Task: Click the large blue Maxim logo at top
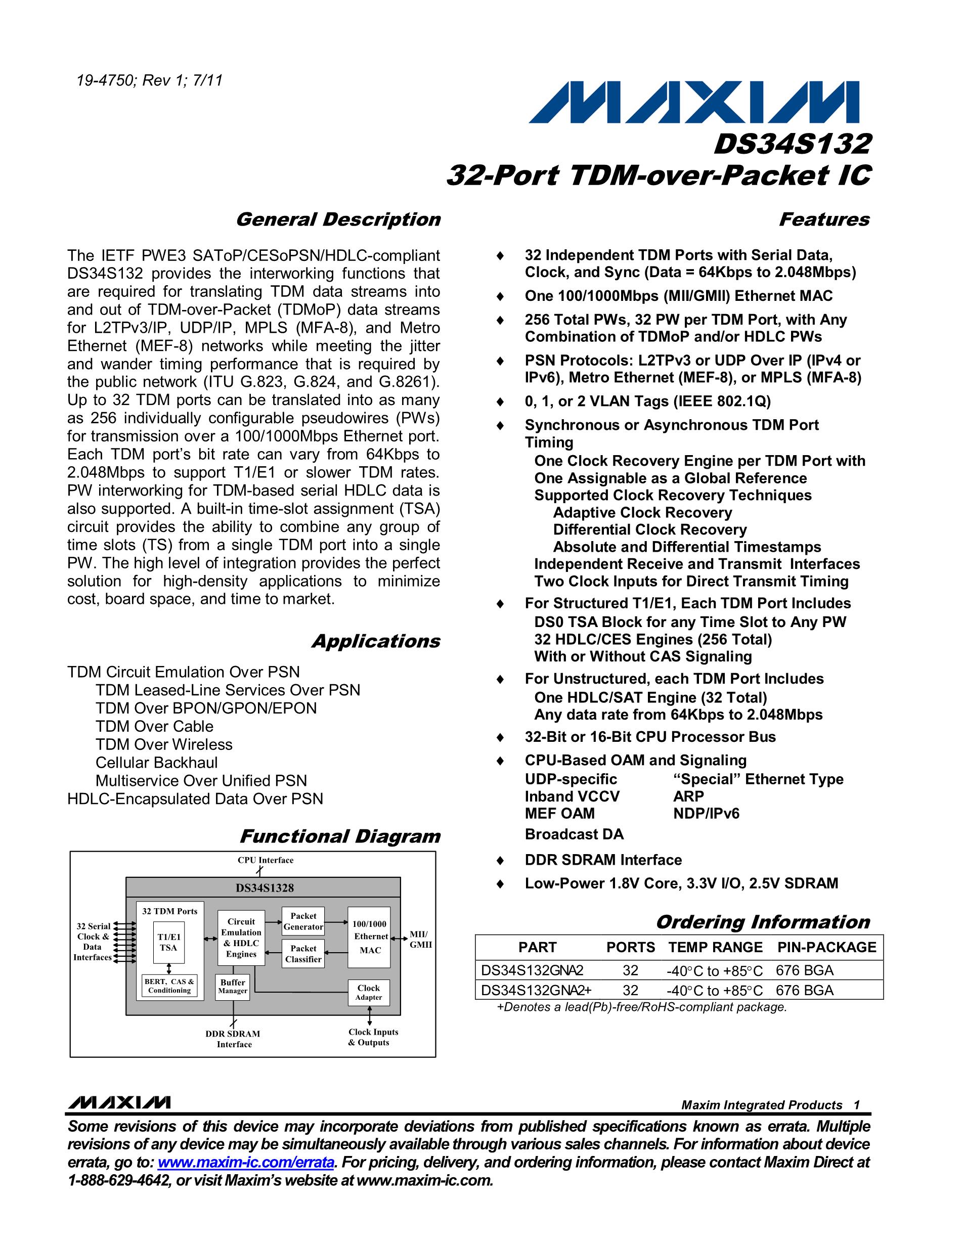click(x=692, y=103)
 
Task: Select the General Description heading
click(x=338, y=219)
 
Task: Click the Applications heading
click(x=375, y=641)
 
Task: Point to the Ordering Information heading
click(x=762, y=922)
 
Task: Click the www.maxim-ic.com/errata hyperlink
click(x=245, y=1162)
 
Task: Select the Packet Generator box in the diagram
click(x=303, y=921)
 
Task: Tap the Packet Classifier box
click(x=303, y=954)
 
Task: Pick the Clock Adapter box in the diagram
click(x=369, y=992)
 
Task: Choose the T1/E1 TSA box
click(x=168, y=942)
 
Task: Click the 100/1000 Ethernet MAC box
click(x=370, y=937)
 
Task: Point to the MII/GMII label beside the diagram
click(x=420, y=939)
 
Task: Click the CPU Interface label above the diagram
click(x=266, y=860)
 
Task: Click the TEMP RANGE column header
click(x=715, y=947)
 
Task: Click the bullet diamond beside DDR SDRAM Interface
click(x=500, y=860)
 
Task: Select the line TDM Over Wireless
click(x=164, y=744)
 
